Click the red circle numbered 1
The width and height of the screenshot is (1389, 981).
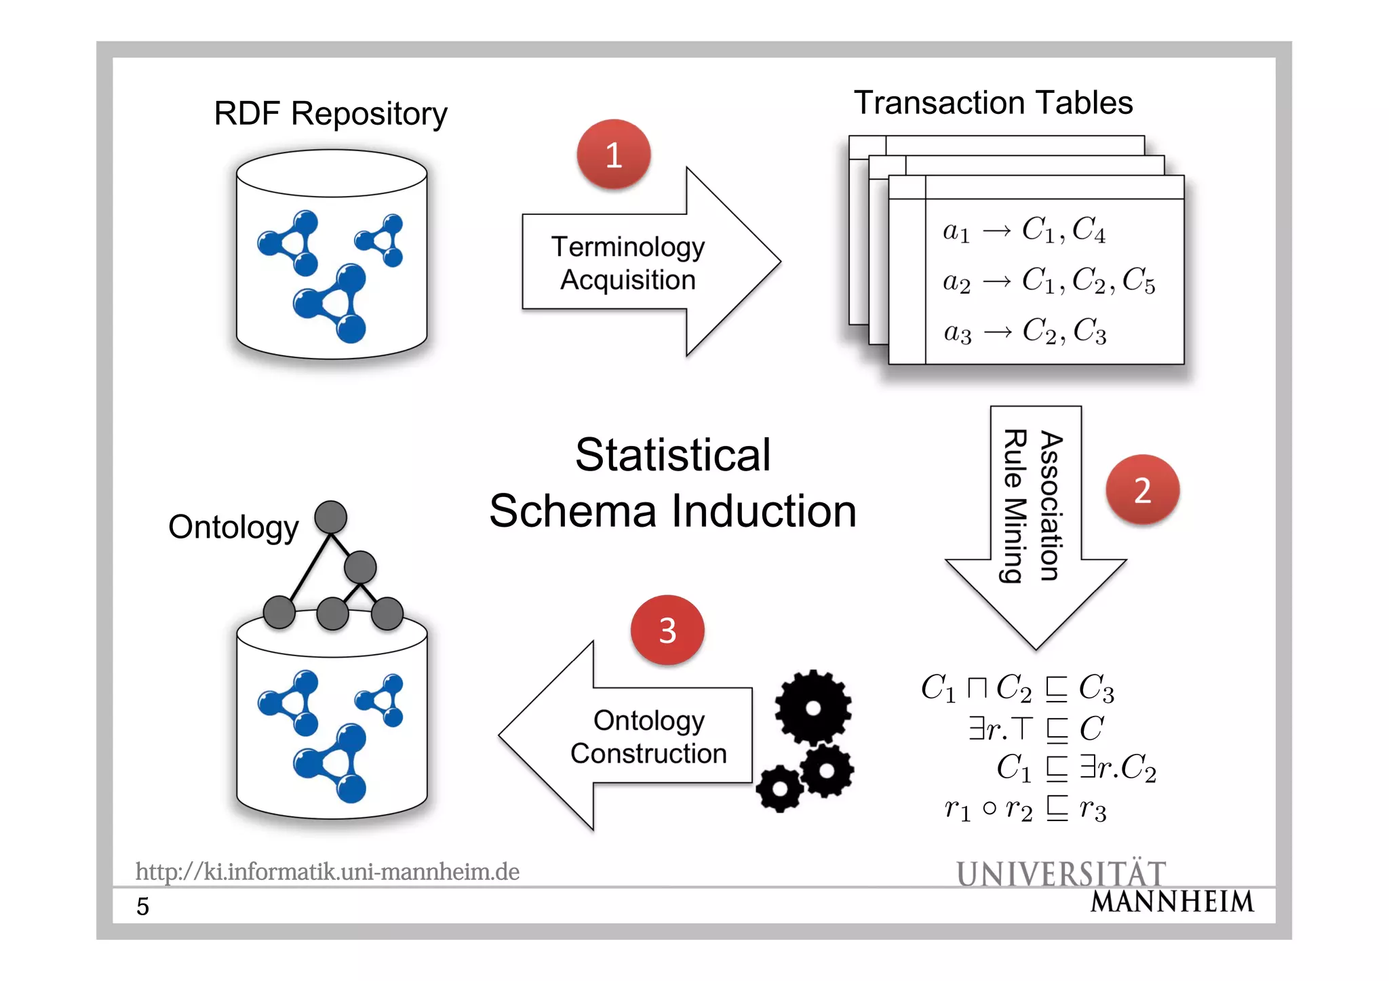coord(614,155)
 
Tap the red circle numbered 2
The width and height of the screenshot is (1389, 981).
coord(1143,489)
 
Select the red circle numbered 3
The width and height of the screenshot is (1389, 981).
coord(667,630)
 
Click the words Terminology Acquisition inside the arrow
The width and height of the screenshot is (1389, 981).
coord(627,263)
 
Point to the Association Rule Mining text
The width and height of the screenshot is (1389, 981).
coord(1032,506)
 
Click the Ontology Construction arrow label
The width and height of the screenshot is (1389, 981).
coord(648,737)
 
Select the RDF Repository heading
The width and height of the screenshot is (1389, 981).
coord(330,113)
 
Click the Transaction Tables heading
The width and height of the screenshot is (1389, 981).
coord(993,103)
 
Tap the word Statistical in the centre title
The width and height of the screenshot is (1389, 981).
coord(673,454)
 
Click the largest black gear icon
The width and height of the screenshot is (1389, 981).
coord(813,708)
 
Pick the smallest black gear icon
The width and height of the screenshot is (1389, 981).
coord(780,788)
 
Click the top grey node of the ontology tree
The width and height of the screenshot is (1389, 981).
coord(331,517)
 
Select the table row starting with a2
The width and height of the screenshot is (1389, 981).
coord(1049,280)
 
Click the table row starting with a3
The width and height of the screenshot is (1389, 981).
coord(1025,332)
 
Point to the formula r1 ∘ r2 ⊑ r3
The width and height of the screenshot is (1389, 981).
coord(1025,809)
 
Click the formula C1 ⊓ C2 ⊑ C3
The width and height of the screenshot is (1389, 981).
coord(1017,688)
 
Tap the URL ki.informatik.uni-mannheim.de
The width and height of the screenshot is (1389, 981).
coord(328,871)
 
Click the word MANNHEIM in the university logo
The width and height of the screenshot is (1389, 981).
coord(1173,902)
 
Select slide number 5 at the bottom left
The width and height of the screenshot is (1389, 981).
coord(142,906)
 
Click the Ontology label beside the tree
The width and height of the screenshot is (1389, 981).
coord(233,527)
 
